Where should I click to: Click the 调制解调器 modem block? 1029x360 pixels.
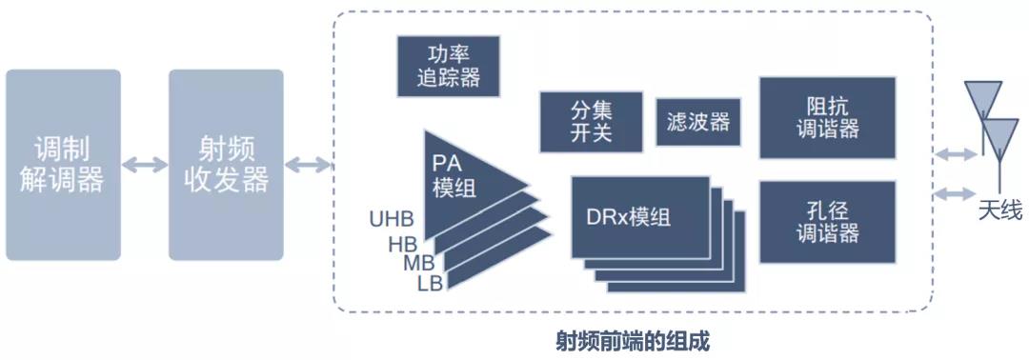coord(63,166)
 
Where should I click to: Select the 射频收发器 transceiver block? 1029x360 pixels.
coord(227,166)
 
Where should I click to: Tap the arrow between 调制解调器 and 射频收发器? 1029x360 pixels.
coord(145,165)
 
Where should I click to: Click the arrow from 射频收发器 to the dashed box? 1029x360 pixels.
coord(308,165)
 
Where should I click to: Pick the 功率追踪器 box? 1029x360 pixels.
coord(449,67)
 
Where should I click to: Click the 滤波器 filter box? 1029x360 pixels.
coord(698,122)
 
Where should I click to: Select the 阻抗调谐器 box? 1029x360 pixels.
coord(828,118)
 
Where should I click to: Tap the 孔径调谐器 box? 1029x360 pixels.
coord(828,222)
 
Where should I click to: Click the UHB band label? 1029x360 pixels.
coord(392,219)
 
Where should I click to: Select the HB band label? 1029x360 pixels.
coord(403,245)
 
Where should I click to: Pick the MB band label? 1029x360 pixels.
coord(418,264)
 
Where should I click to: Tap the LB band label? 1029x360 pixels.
coord(430,283)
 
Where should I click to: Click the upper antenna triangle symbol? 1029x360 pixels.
coord(982,99)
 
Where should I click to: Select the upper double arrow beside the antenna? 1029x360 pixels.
coord(955,154)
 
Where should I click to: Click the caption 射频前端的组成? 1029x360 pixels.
coord(633,342)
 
